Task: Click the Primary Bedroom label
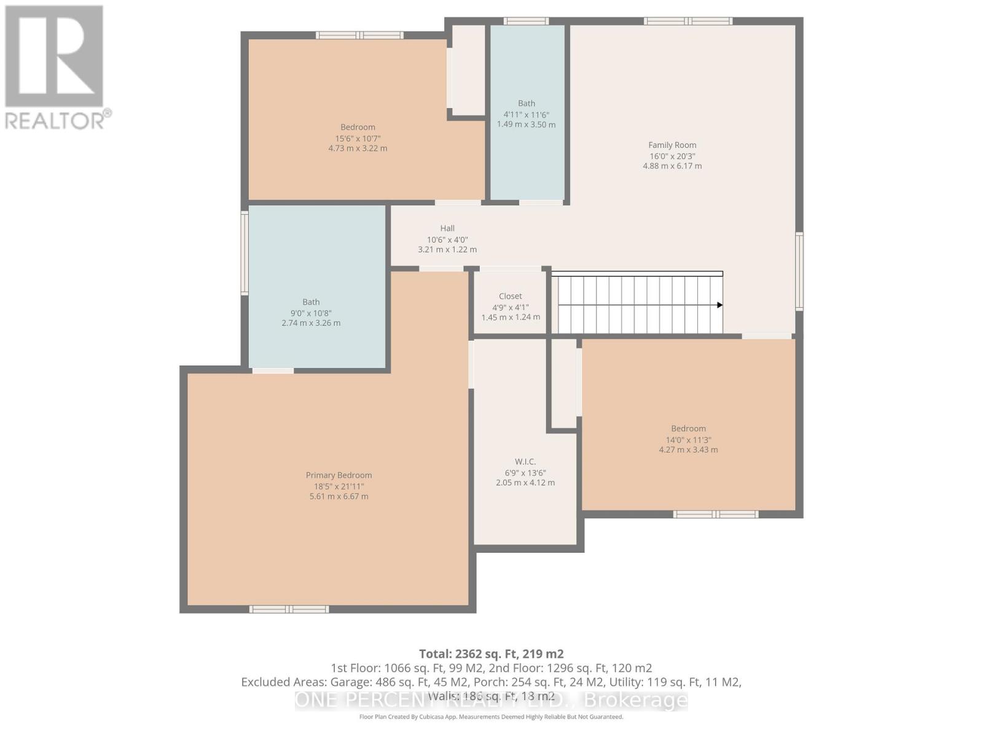click(339, 475)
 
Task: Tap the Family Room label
click(672, 145)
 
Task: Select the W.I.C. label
click(525, 461)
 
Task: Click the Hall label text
click(447, 228)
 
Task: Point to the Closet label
click(511, 296)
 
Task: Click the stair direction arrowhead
click(719, 305)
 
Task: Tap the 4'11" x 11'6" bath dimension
click(527, 114)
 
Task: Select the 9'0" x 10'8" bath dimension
click(311, 313)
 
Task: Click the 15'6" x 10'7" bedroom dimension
click(358, 138)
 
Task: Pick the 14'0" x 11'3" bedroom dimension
click(688, 440)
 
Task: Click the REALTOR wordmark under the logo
click(57, 120)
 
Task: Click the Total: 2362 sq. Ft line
click(491, 653)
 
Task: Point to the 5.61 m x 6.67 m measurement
click(339, 496)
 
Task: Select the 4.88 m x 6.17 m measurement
click(672, 166)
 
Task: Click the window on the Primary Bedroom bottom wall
click(289, 609)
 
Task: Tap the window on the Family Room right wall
click(799, 270)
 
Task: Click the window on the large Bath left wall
click(245, 252)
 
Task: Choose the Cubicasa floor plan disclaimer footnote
click(491, 717)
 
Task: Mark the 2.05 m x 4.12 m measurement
click(525, 483)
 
